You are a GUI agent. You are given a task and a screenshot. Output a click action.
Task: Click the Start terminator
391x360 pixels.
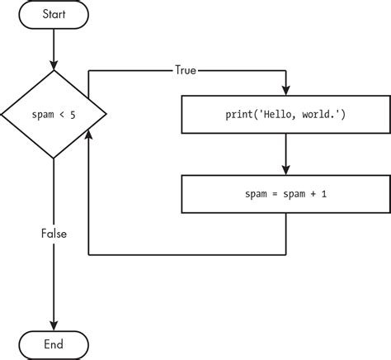click(54, 14)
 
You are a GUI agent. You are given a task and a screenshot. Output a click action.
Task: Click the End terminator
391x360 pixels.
click(54, 343)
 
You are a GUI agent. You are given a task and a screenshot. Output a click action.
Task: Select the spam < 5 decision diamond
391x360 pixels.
click(54, 114)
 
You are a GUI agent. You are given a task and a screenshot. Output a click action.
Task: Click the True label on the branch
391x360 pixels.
click(186, 70)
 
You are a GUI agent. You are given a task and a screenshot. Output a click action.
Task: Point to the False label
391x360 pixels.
click(54, 234)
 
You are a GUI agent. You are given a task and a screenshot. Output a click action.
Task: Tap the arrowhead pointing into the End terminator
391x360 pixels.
click(54, 324)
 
